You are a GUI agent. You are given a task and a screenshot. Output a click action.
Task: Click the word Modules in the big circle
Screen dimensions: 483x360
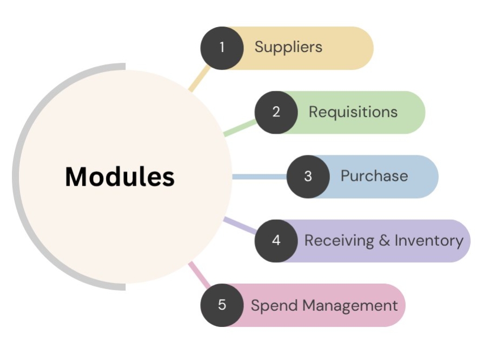[120, 176]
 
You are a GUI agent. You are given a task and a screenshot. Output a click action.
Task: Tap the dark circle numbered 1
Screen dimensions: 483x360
[222, 48]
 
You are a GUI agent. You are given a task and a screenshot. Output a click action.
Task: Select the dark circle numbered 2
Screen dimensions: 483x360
[276, 112]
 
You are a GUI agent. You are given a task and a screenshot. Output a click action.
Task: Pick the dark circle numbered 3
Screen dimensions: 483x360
[308, 176]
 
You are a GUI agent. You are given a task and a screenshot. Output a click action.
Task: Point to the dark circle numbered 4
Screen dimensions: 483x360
[276, 241]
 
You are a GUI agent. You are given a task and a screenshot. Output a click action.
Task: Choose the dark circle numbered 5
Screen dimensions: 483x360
[222, 305]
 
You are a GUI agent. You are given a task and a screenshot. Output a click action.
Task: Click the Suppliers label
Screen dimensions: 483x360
[288, 47]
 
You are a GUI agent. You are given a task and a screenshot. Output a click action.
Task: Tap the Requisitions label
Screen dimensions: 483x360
[353, 112]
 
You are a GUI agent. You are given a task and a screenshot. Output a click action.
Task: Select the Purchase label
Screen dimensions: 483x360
[374, 176]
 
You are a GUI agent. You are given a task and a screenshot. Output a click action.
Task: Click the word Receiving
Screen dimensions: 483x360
[339, 241]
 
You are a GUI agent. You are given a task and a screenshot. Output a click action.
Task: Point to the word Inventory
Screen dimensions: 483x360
[429, 241]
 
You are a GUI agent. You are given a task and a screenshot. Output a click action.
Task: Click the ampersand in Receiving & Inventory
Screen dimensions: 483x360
[385, 240]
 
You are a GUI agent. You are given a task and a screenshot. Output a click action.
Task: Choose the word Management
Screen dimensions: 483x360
[350, 306]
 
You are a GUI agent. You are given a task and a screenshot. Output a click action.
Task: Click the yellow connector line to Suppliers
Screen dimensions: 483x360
[199, 78]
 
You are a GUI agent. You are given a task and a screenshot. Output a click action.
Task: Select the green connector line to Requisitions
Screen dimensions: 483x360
[240, 128]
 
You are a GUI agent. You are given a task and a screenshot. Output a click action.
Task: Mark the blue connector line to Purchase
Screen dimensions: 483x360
[260, 176]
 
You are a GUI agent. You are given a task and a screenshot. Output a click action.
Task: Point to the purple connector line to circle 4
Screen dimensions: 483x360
[240, 225]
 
